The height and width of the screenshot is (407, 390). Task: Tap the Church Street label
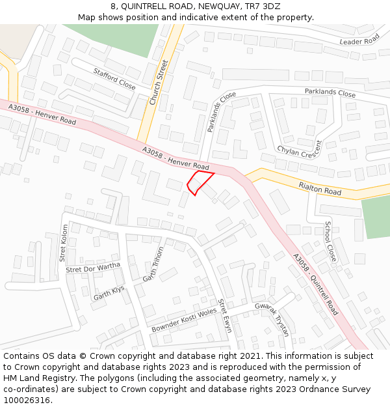pyautogui.click(x=159, y=82)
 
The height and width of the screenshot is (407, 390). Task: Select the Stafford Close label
pyautogui.click(x=114, y=79)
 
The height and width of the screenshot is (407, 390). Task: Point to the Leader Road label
pyautogui.click(x=359, y=41)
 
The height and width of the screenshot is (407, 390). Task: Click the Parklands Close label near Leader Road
pyautogui.click(x=330, y=92)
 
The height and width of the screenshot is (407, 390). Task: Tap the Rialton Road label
pyautogui.click(x=320, y=188)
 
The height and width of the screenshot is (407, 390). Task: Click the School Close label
pyautogui.click(x=331, y=241)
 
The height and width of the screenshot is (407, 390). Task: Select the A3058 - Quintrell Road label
pyautogui.click(x=315, y=285)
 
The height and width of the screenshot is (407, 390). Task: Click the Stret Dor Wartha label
pyautogui.click(x=94, y=268)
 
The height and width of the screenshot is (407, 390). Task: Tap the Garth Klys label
pyautogui.click(x=109, y=293)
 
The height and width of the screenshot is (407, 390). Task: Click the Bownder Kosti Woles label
pyautogui.click(x=184, y=320)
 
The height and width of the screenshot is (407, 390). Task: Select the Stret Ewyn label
pyautogui.click(x=224, y=315)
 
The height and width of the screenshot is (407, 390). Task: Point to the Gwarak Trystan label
pyautogui.click(x=271, y=319)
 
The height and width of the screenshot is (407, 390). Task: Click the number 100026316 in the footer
pyautogui.click(x=27, y=400)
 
